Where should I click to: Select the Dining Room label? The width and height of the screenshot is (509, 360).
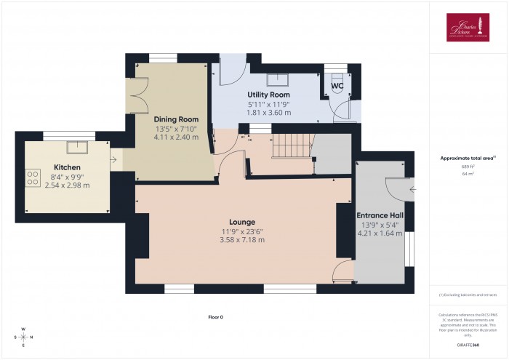(176, 119)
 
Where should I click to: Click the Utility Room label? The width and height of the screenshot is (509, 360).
(269, 95)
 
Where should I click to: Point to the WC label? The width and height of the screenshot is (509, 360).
(337, 86)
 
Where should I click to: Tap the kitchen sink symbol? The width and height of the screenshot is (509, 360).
(76, 148)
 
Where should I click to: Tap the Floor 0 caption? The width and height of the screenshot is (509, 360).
(216, 317)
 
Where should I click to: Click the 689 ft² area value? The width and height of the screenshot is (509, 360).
(468, 167)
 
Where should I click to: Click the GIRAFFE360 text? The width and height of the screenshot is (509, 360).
(468, 343)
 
